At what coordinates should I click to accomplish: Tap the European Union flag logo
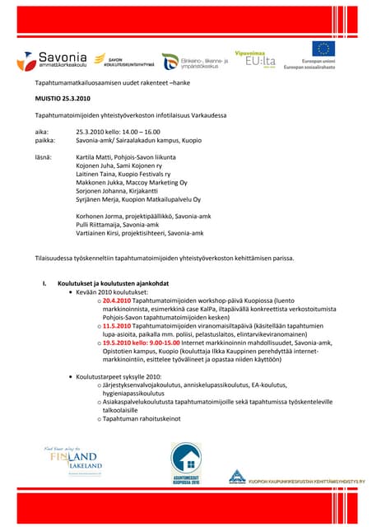click(322, 49)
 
